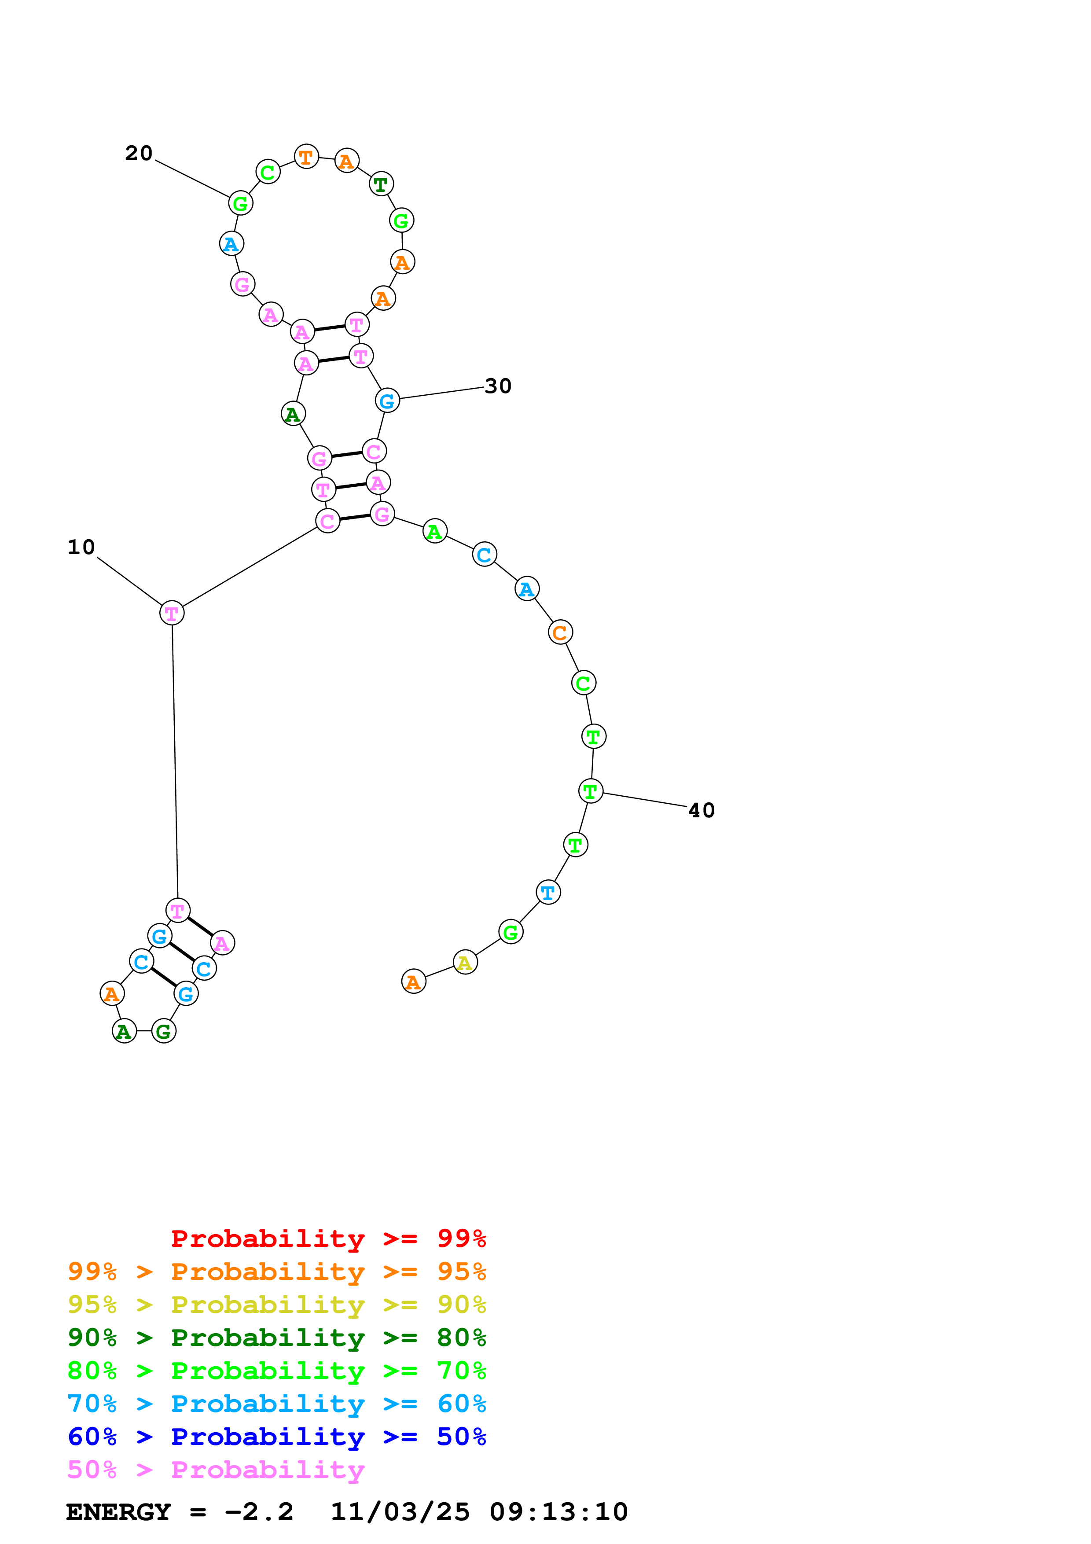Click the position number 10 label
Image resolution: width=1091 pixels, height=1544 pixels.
coord(81,548)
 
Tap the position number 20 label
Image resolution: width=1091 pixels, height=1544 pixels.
coord(139,153)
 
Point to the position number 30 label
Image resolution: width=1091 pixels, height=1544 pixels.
coord(498,386)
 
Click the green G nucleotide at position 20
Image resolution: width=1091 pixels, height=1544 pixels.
coord(241,203)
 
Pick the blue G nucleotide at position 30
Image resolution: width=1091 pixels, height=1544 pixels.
coord(387,401)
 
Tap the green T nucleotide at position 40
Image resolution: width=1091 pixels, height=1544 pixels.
coord(590,791)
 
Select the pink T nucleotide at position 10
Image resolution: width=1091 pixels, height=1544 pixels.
coord(172,613)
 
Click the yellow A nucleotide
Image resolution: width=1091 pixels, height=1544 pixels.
coord(465,963)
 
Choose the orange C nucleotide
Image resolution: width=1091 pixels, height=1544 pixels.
coord(560,632)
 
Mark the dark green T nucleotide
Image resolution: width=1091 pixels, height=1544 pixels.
coord(381,184)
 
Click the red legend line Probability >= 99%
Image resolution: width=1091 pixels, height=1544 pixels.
coord(328,1239)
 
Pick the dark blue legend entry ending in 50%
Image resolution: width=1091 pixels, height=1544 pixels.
coord(276,1437)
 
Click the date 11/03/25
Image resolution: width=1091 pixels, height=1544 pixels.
coord(400,1512)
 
